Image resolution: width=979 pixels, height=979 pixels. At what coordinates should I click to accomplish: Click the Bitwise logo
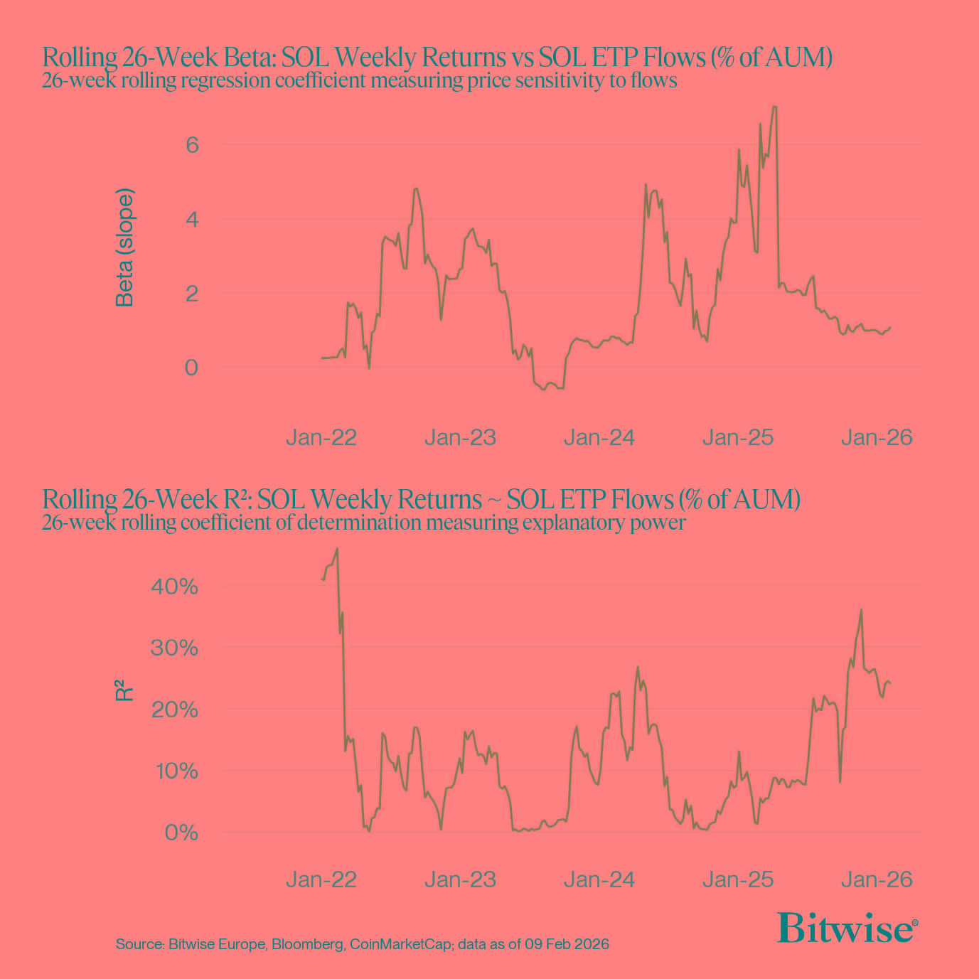847,929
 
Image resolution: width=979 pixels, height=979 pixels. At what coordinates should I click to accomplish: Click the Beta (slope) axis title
124,247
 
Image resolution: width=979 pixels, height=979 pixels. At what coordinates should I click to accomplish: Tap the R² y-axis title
124,690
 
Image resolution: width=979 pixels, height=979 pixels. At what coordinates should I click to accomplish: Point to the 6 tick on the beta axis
192,145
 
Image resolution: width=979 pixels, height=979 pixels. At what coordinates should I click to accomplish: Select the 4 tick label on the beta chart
192,219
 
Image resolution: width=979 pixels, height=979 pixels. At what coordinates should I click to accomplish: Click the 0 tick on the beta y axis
191,368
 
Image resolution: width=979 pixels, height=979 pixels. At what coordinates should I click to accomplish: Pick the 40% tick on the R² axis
174,587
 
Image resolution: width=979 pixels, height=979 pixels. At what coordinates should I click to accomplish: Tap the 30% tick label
174,648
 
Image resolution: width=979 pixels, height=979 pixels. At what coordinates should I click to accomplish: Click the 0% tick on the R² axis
181,832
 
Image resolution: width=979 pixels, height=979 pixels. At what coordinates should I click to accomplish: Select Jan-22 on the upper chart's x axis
321,437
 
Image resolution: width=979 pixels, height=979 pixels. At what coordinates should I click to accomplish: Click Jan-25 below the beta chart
738,437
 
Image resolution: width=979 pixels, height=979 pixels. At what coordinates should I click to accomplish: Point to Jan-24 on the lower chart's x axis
599,879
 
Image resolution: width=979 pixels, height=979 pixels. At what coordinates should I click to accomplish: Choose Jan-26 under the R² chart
877,879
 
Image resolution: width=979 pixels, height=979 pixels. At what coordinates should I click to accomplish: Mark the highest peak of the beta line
774,107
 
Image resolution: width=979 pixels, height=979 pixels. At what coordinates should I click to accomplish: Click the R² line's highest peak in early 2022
336,549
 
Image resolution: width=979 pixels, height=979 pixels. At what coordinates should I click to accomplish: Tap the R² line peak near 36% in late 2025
861,609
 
